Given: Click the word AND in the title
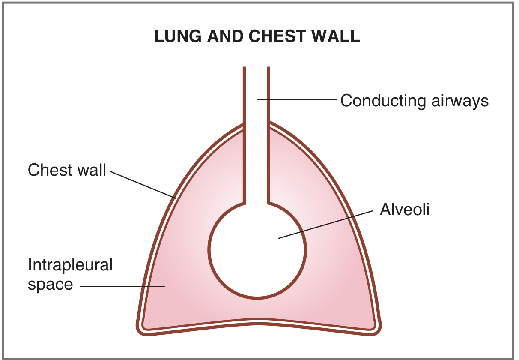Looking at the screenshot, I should (x=225, y=37).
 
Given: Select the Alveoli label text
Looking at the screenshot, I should (x=404, y=210).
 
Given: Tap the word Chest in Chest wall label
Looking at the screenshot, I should (x=49, y=170).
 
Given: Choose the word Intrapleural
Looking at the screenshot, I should (x=70, y=265).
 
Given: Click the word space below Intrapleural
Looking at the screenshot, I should (x=50, y=284).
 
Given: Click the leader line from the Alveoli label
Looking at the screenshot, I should (x=325, y=224).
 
